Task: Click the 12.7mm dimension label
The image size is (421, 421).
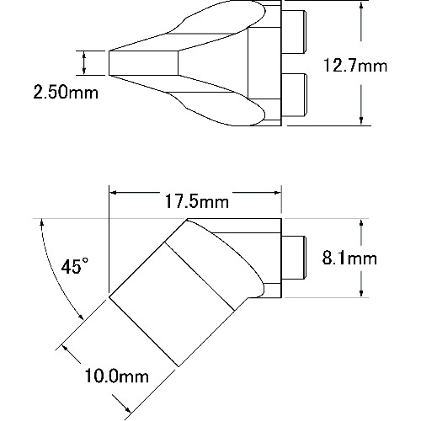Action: [355, 66]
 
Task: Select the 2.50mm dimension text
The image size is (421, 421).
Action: [66, 92]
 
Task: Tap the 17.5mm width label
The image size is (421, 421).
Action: [197, 201]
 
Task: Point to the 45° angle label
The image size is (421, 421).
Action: [75, 266]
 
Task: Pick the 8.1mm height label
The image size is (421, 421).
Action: [349, 258]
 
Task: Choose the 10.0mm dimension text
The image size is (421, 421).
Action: [116, 376]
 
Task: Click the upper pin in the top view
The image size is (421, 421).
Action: [293, 32]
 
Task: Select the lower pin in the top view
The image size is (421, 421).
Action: [293, 94]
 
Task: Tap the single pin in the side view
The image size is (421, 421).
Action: [293, 258]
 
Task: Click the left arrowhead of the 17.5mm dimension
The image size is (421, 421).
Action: [113, 193]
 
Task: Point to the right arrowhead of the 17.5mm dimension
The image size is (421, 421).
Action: [277, 193]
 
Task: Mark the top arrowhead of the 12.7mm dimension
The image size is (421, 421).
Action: [361, 5]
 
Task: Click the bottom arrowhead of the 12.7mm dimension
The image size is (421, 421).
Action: [361, 121]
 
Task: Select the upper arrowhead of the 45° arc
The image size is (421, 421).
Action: [42, 223]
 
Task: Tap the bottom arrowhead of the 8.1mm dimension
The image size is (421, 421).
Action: [361, 293]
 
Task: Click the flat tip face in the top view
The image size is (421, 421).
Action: [144, 63]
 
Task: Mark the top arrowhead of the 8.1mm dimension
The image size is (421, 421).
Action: [361, 224]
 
